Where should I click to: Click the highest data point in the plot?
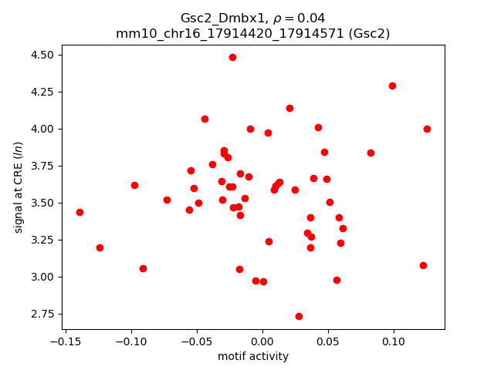coord(232,57)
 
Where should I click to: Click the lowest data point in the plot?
coord(299,316)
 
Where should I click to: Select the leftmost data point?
coord(80,212)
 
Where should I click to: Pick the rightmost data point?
coord(427,129)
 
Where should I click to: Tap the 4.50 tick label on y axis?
coord(42,55)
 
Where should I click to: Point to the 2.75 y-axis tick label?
coord(42,314)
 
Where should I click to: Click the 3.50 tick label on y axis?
coord(42,203)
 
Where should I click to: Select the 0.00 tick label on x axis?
coord(262,341)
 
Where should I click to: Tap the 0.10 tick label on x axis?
coord(394,341)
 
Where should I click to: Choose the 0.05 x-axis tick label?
coord(328,341)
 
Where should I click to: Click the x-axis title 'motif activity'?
coord(253,356)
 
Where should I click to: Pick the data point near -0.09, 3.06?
coord(143,268)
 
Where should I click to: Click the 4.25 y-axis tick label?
coord(42,92)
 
